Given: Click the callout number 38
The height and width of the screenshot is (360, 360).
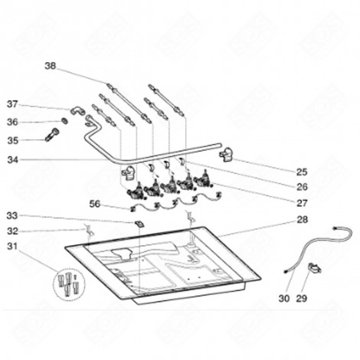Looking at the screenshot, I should pyautogui.click(x=51, y=67).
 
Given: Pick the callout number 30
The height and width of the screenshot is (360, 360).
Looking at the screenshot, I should pyautogui.click(x=284, y=298).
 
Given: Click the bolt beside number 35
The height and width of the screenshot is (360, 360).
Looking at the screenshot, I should pyautogui.click(x=52, y=139).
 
